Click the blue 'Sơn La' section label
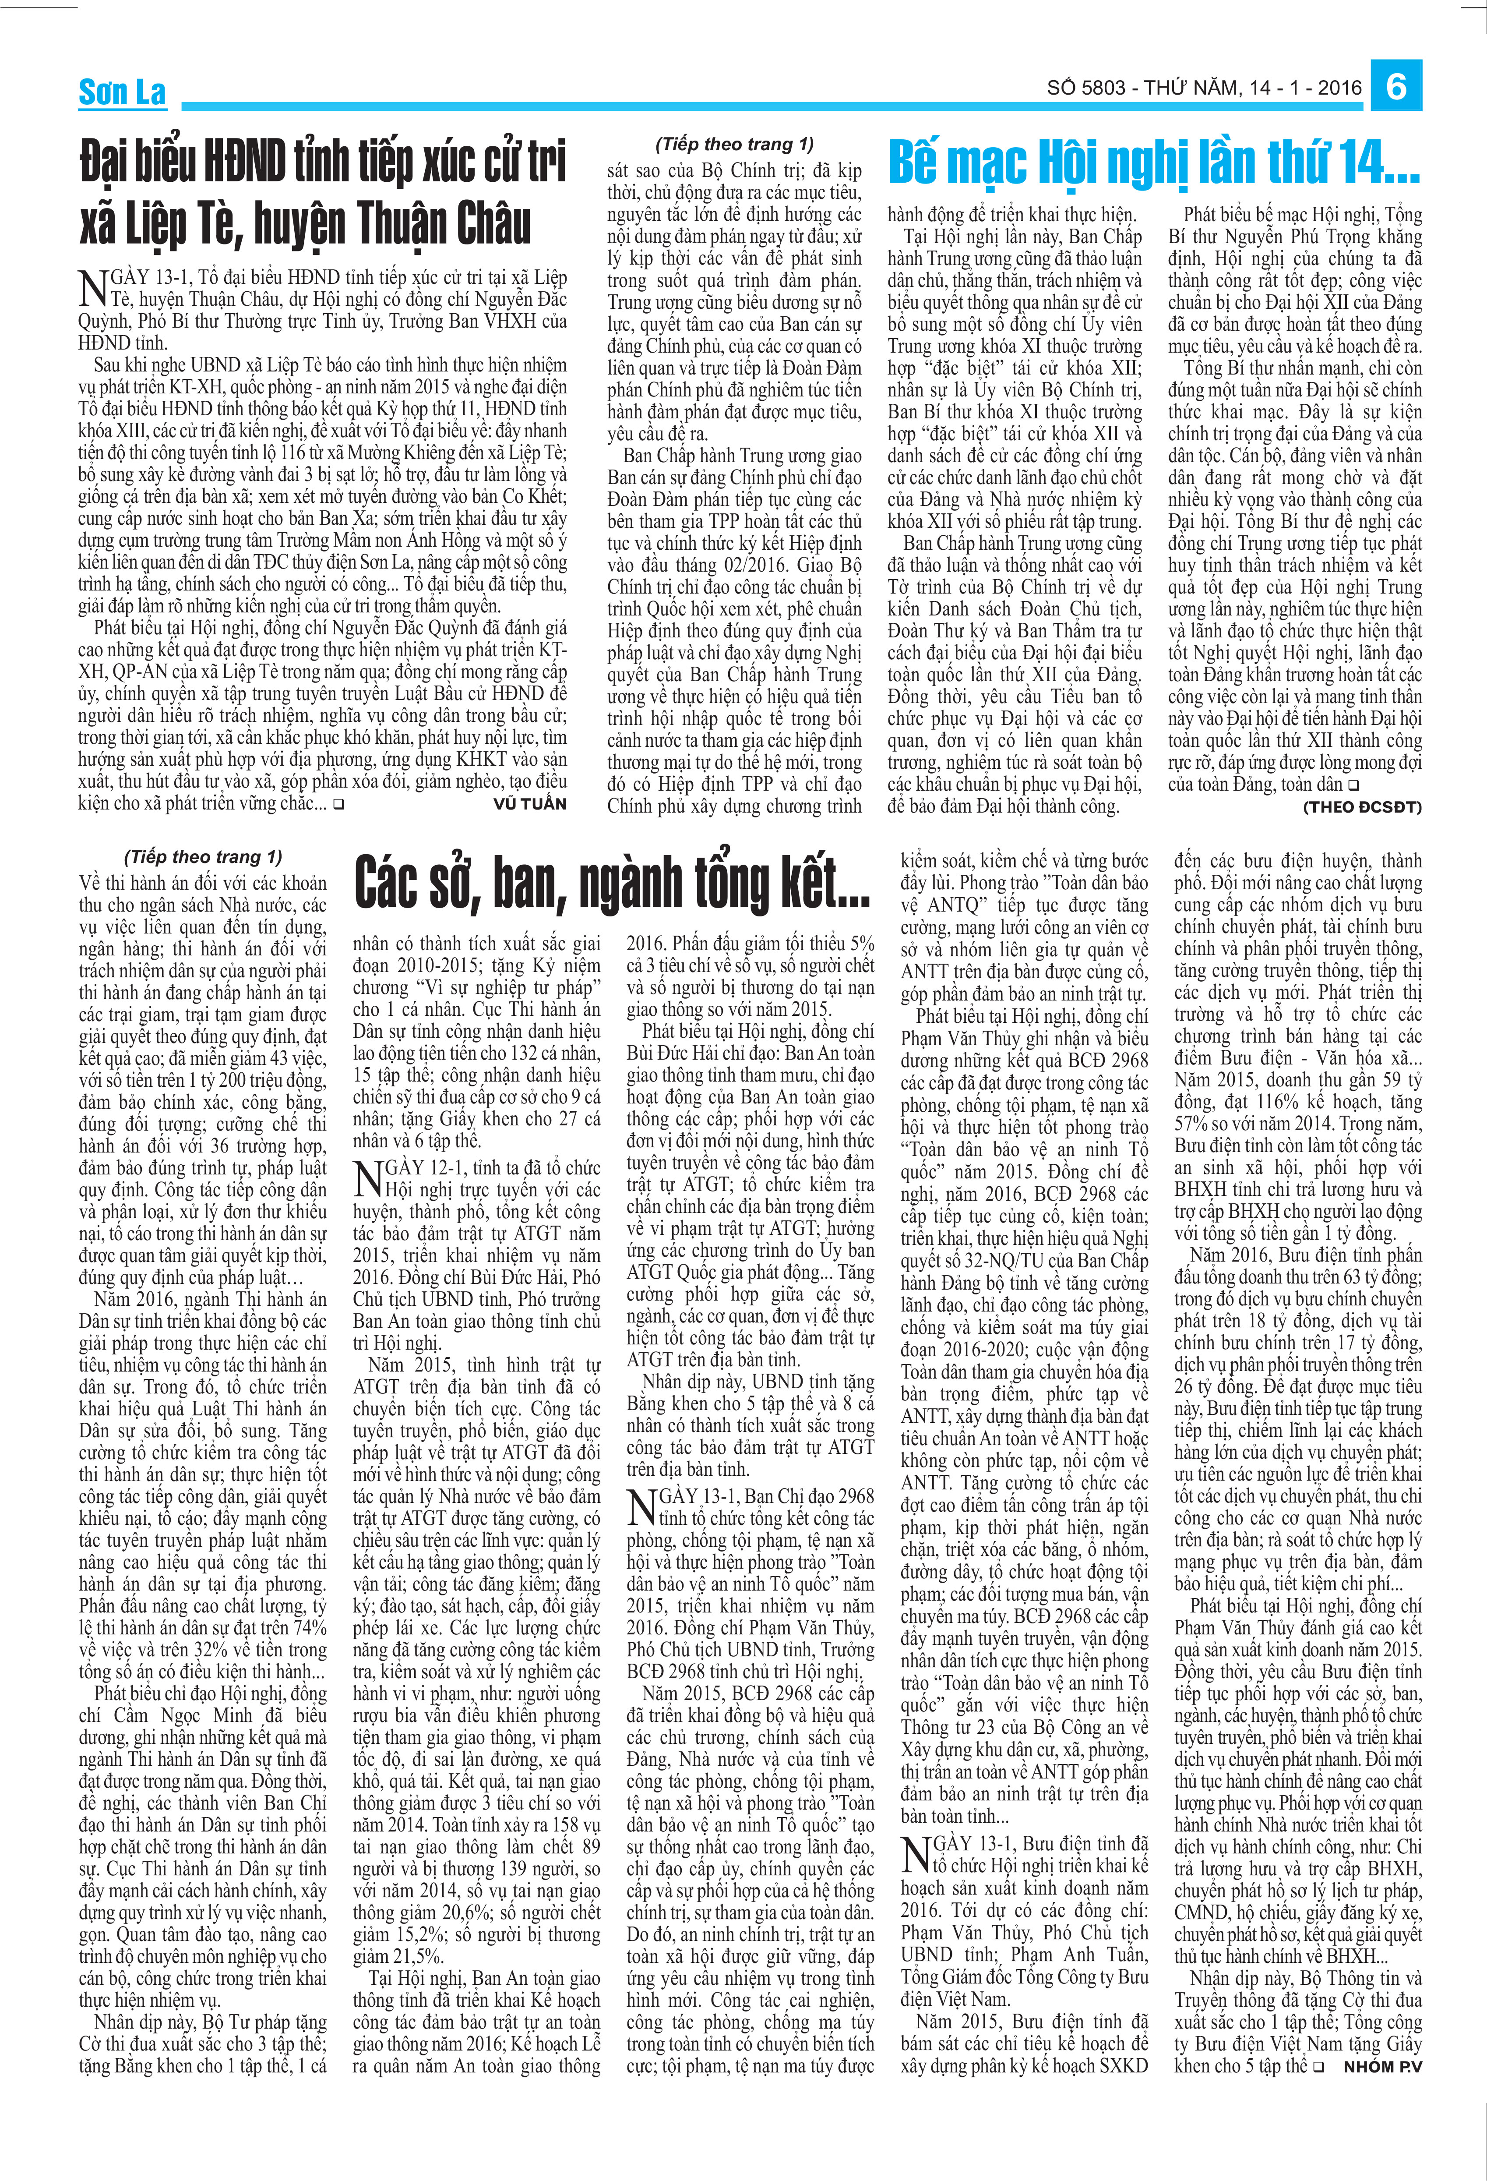(122, 92)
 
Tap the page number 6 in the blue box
(1396, 86)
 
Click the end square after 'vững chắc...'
(338, 804)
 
